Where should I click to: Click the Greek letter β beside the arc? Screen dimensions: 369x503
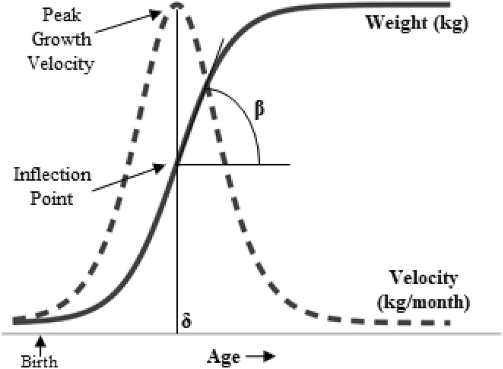[x=261, y=111]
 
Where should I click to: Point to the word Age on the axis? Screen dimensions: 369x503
[x=224, y=357]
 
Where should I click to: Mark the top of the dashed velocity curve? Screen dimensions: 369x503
[x=178, y=5]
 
